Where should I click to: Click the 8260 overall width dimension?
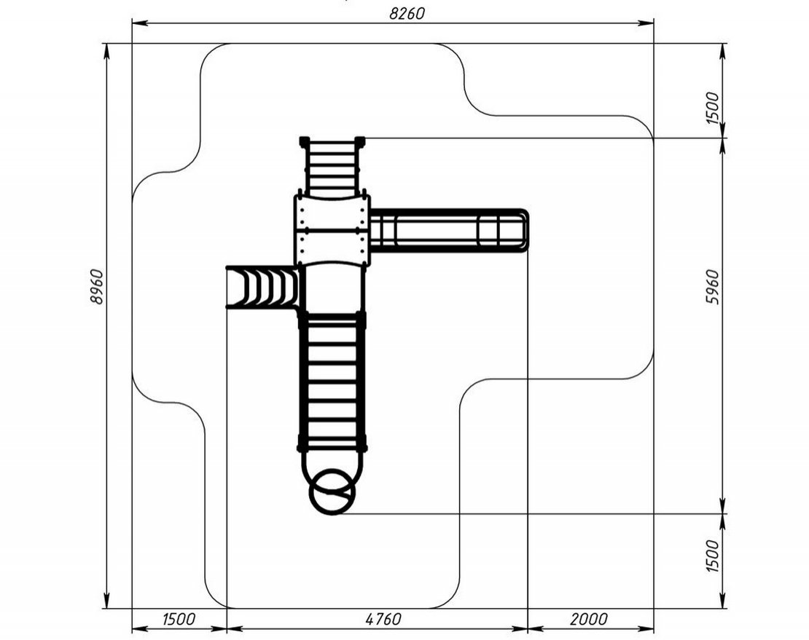(x=407, y=13)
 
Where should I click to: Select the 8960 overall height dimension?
(x=96, y=286)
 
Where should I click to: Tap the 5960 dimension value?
(x=712, y=286)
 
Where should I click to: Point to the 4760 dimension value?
(x=383, y=618)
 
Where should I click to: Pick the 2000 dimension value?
(x=589, y=618)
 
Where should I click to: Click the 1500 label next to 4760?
(x=179, y=618)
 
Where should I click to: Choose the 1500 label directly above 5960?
(x=712, y=108)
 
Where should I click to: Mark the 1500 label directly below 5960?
(x=712, y=556)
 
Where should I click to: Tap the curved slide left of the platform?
(x=262, y=286)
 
